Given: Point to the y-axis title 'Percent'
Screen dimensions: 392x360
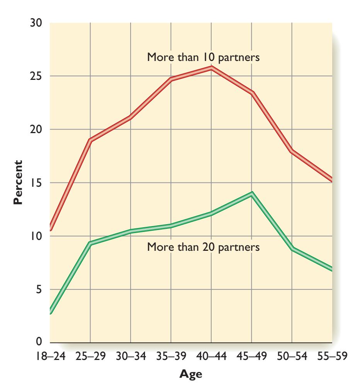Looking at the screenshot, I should [17, 182].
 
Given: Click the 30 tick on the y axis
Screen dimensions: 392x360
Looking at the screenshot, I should [36, 23].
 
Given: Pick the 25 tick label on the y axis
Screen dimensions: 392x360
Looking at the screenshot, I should [36, 76].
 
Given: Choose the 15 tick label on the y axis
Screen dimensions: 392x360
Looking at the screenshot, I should [36, 183].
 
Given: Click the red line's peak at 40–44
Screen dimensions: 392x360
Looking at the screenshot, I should [211, 67].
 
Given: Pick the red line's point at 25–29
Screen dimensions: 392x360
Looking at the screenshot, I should [90, 140].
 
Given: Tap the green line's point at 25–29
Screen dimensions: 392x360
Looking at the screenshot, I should [90, 243].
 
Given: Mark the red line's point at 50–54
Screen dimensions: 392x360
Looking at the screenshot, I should [292, 151].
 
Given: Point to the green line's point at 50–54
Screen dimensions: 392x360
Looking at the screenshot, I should [292, 249].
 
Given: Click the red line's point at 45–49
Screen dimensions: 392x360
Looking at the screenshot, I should [251, 93].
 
